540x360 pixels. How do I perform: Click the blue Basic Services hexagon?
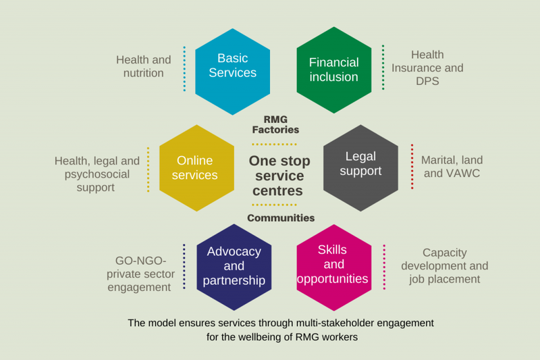pos(232,71)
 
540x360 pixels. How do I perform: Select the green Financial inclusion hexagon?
pos(333,70)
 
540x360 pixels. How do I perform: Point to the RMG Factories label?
pos(275,124)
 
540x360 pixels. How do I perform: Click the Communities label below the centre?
pos(281,218)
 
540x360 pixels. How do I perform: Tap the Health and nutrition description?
pos(143,66)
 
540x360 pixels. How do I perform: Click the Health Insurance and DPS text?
pos(427,68)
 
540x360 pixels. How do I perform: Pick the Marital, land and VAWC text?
pos(452,167)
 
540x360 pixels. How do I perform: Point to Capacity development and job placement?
pos(444,265)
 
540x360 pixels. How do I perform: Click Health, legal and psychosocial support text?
pos(97,174)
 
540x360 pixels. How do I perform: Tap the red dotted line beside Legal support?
pos(412,166)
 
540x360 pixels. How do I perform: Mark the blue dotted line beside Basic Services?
pos(184,69)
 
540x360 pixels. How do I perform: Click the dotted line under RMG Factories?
pos(274,144)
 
